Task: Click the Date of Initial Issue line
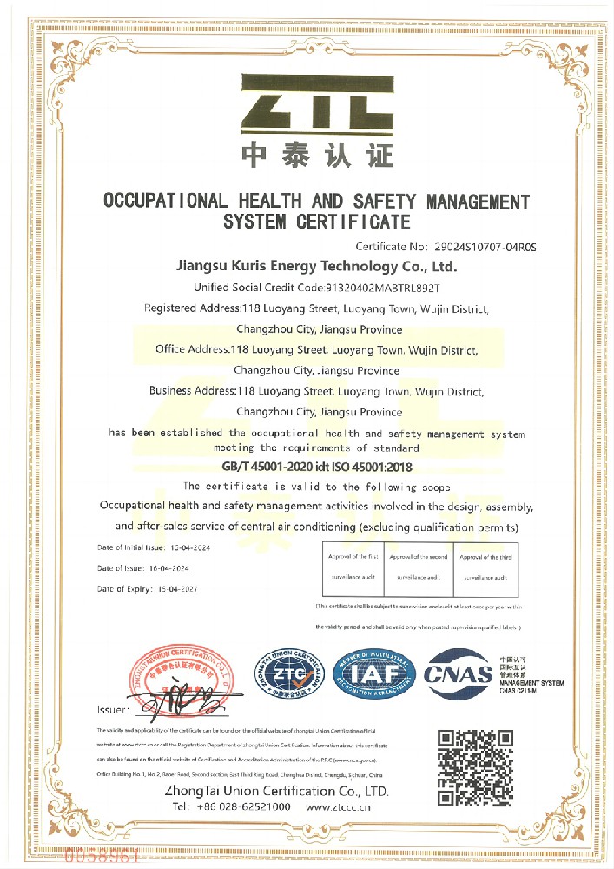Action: [x=153, y=548]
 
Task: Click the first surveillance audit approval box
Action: [x=353, y=567]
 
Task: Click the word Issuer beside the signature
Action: [x=114, y=711]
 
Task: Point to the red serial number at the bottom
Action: [x=102, y=858]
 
